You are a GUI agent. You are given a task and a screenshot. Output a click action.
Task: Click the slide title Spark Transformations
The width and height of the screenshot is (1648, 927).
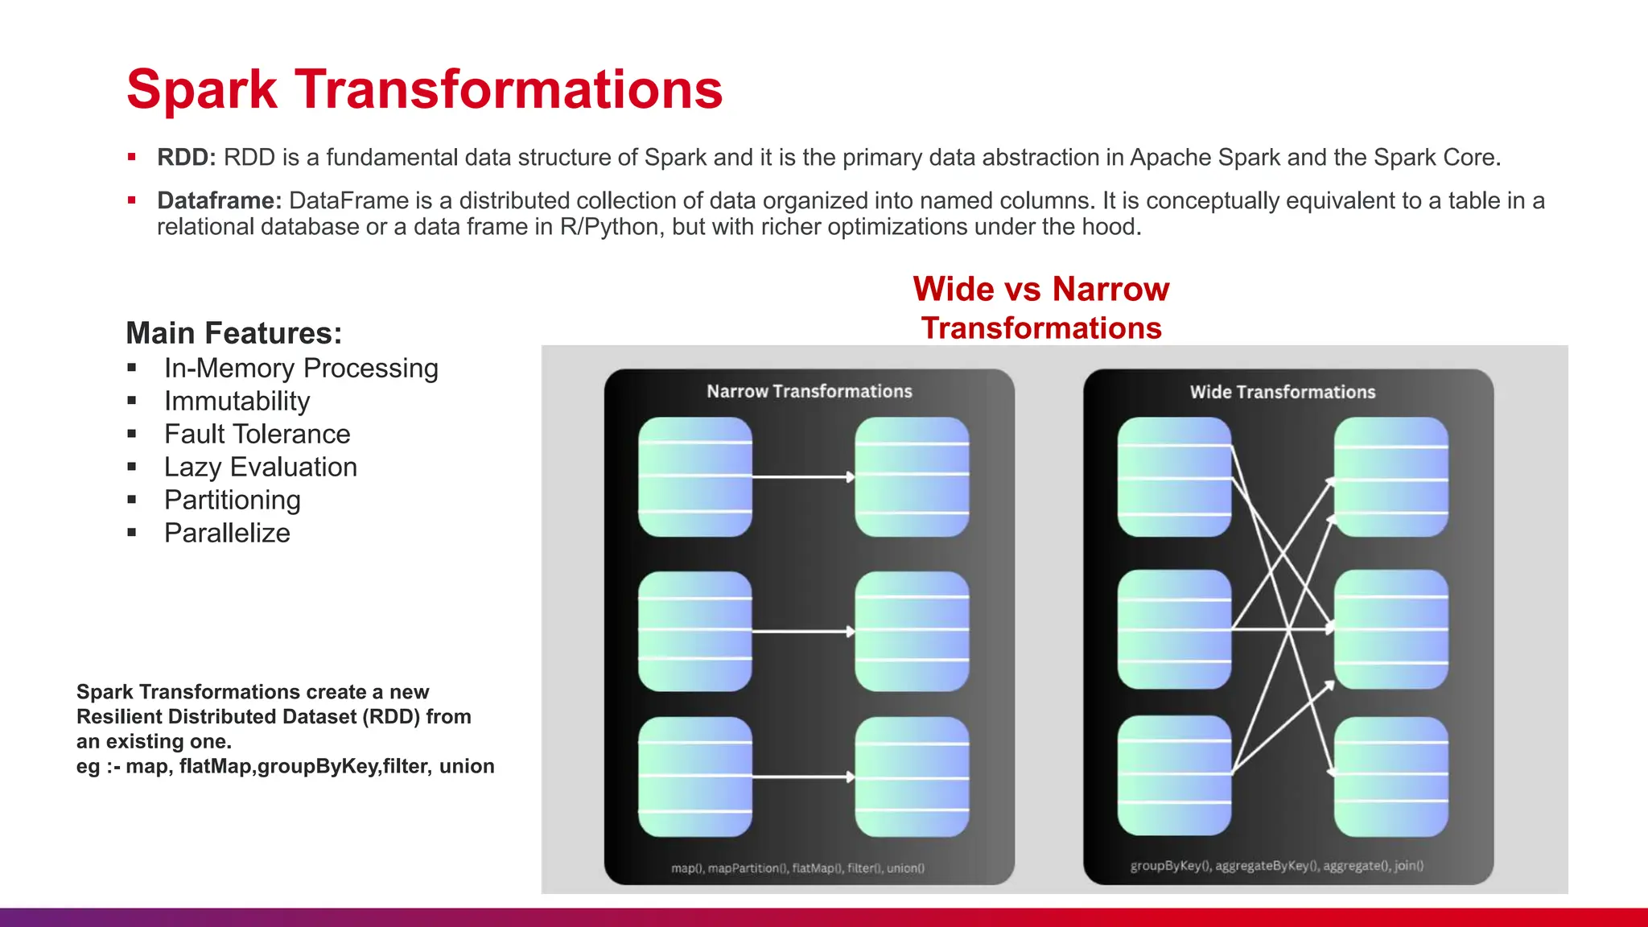coord(424,89)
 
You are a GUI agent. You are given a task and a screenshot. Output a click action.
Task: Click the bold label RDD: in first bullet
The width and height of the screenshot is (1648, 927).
coord(187,158)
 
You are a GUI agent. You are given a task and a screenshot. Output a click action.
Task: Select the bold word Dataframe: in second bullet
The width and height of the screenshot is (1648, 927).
coord(219,200)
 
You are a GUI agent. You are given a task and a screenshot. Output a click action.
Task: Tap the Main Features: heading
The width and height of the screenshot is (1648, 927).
coord(234,333)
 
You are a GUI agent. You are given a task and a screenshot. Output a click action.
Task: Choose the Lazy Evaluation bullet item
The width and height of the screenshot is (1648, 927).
coord(260,468)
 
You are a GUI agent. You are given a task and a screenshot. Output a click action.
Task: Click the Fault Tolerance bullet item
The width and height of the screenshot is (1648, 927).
coord(257,435)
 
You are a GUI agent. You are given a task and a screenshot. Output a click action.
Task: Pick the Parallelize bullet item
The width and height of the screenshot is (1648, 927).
coord(227,534)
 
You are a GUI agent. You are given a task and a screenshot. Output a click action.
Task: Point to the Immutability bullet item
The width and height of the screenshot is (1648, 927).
coord(237,402)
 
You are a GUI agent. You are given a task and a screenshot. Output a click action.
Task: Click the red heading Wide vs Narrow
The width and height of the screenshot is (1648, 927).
coord(1040,289)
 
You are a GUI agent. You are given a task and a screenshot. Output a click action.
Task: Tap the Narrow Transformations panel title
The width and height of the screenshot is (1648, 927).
coord(809,392)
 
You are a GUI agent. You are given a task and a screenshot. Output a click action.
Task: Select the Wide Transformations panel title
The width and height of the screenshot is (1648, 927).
coord(1283,393)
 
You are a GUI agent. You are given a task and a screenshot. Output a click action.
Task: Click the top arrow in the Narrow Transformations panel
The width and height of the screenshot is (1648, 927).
coord(803,477)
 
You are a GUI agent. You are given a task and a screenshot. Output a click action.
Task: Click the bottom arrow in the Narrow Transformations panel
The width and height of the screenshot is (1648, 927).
coord(803,777)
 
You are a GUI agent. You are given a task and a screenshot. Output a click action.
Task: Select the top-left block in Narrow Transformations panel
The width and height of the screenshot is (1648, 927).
coord(695,477)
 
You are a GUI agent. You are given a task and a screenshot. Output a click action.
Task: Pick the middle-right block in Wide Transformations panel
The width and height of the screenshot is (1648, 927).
coord(1390,629)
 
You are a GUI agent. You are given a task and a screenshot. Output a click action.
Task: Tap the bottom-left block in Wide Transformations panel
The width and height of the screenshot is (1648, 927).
coord(1174,776)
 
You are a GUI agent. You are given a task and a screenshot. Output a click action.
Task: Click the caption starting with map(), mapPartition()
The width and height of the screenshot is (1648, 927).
coord(797,868)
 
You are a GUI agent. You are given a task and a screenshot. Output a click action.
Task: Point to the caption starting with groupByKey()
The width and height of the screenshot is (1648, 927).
coord(1276,866)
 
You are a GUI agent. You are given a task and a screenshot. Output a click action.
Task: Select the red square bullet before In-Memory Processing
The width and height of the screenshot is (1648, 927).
coord(132,369)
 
